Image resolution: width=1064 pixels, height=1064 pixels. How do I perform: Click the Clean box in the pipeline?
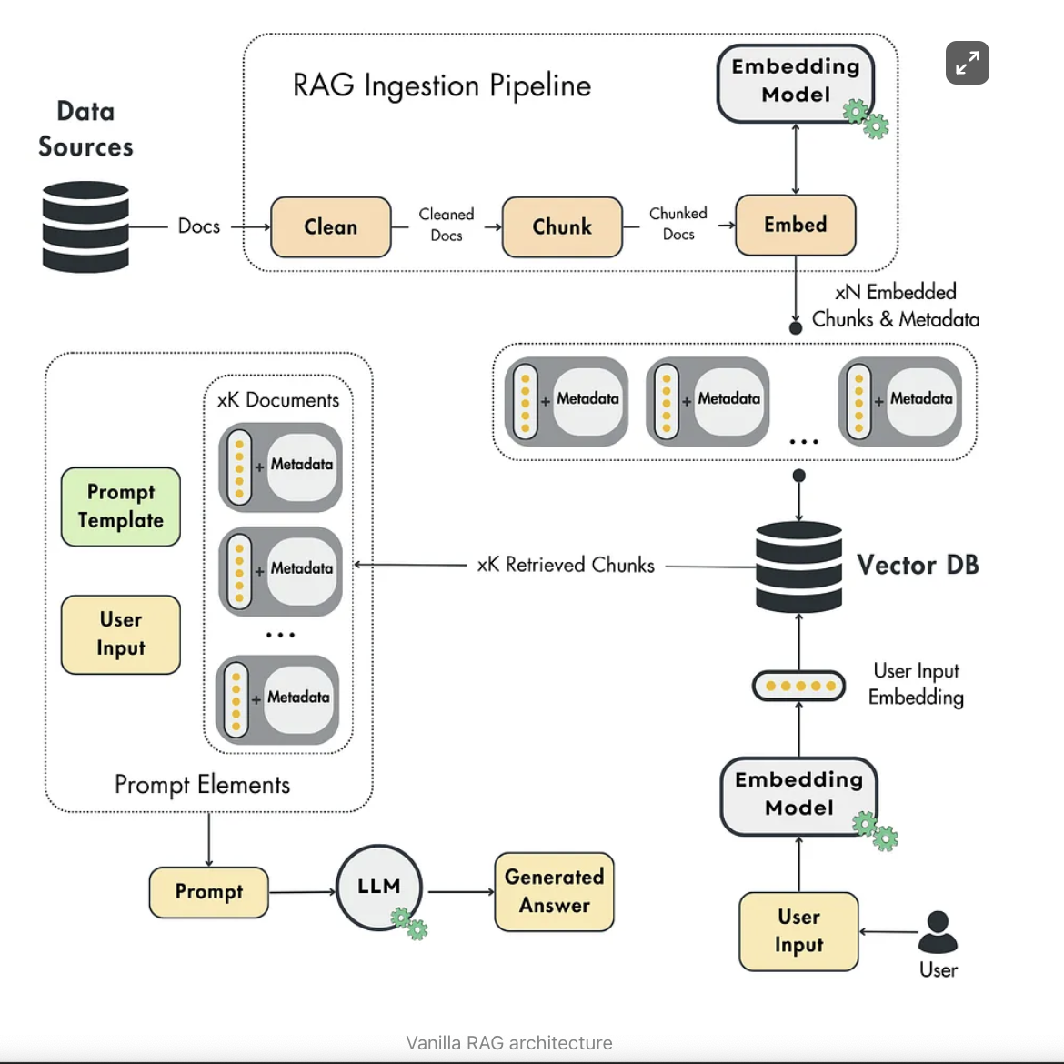(331, 226)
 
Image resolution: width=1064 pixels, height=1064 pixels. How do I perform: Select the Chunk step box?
(562, 226)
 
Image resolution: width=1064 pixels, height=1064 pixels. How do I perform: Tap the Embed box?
(796, 225)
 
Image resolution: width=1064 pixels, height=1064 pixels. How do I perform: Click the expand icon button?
(967, 63)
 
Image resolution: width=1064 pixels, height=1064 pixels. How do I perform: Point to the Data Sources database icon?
(85, 226)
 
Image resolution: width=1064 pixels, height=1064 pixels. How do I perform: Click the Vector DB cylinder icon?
(798, 566)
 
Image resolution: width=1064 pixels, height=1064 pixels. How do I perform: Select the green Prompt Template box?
(121, 507)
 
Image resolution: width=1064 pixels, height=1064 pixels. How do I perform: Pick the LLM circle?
(379, 888)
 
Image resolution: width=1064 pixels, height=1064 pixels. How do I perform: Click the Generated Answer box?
(554, 891)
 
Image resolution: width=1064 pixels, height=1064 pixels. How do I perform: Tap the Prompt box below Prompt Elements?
(209, 892)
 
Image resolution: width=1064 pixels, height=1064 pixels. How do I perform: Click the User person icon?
(938, 932)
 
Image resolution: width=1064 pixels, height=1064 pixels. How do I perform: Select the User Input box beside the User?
(798, 931)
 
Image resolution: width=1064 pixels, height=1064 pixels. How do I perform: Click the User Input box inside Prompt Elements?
(121, 634)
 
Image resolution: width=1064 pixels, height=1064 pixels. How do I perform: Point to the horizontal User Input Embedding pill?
(798, 686)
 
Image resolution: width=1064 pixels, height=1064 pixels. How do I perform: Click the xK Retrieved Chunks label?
(566, 565)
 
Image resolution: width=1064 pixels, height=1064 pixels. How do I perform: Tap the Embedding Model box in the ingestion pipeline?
(796, 82)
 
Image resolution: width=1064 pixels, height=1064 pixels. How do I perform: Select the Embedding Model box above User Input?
(798, 795)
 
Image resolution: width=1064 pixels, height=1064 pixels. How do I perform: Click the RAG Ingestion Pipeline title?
(442, 85)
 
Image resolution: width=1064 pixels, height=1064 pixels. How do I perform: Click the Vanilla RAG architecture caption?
(509, 1043)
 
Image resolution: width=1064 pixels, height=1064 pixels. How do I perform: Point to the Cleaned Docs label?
(447, 225)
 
